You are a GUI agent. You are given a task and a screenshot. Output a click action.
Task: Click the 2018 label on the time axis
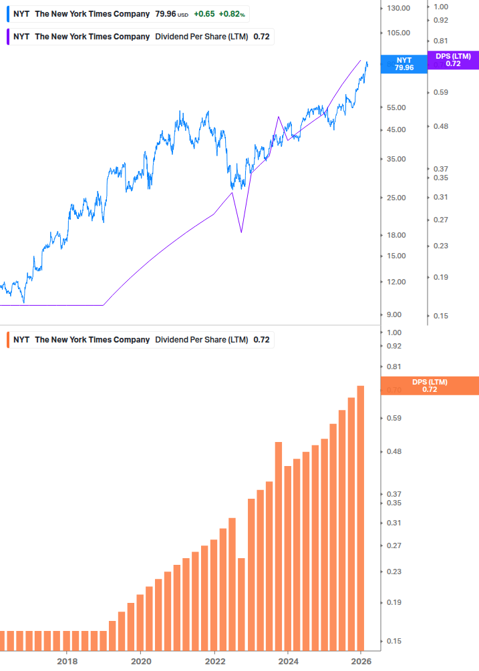tap(67, 661)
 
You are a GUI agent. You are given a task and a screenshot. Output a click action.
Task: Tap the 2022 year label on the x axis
tap(214, 661)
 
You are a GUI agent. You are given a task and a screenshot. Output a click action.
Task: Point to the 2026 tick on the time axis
tap(361, 661)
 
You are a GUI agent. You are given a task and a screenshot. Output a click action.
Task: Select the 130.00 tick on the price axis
tap(398, 8)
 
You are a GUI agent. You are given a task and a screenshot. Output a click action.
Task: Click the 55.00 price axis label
tap(396, 107)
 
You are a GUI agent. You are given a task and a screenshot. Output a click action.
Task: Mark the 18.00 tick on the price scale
tap(396, 235)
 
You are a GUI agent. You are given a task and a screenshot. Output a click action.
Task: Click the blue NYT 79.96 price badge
tap(404, 64)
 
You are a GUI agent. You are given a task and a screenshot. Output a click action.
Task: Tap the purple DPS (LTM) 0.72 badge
tap(453, 60)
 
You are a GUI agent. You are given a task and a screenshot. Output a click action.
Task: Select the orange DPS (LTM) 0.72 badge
tap(430, 385)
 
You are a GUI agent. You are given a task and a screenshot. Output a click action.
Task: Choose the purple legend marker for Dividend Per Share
tap(8, 37)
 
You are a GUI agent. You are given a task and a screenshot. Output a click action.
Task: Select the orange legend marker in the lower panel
tap(8, 340)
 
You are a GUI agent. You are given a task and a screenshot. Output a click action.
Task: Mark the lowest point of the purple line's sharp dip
tap(241, 232)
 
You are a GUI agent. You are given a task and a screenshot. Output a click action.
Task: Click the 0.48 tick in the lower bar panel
tap(393, 452)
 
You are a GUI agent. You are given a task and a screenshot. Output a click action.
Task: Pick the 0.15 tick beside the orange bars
tap(393, 642)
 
